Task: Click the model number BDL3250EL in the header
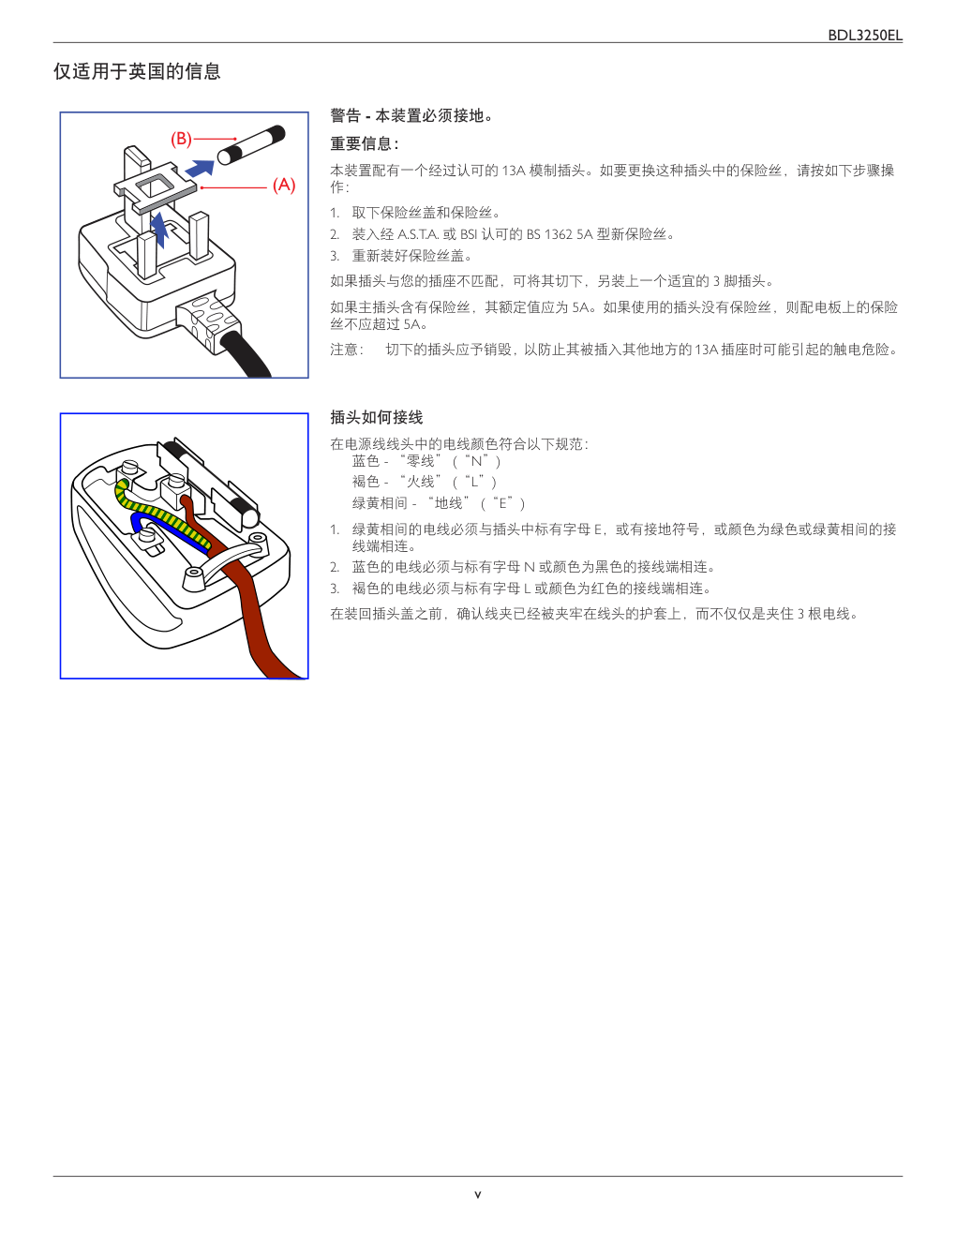coord(864,36)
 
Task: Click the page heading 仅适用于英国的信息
coord(137,71)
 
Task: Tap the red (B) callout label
coord(181,139)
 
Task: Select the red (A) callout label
coord(284,185)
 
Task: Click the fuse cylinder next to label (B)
coord(251,146)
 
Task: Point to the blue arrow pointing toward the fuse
coord(200,169)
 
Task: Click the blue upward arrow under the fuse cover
coord(160,229)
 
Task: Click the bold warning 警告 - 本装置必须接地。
coord(411,115)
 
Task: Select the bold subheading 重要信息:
coord(365,143)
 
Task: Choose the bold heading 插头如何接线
coord(377,417)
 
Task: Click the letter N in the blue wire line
coord(476,461)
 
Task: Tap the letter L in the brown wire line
coord(473,483)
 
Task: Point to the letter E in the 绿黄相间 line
coord(502,503)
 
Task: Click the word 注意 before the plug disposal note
coord(344,350)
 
